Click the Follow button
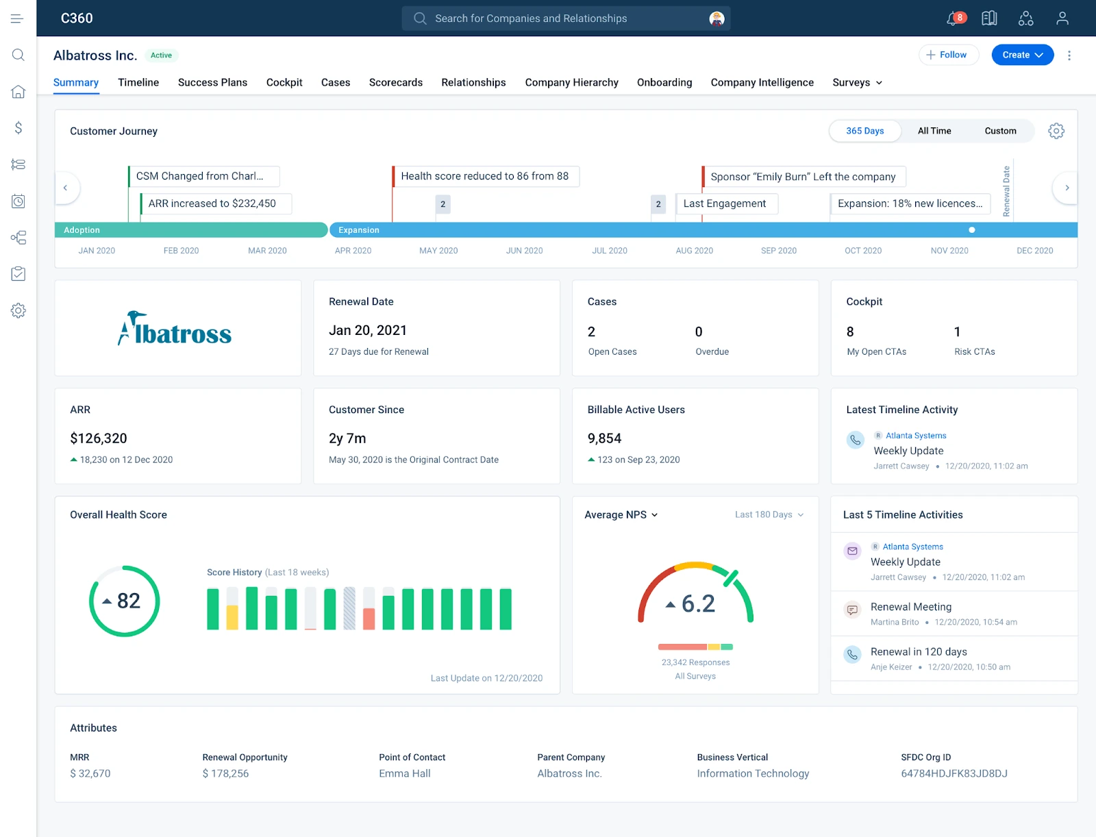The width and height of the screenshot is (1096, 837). point(948,55)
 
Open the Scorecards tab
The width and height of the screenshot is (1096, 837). point(395,82)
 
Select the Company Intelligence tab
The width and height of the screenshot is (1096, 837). point(762,82)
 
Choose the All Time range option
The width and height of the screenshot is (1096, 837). point(934,131)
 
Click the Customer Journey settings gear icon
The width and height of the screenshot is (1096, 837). point(1056,131)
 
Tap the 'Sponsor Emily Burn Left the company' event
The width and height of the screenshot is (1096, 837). point(803,177)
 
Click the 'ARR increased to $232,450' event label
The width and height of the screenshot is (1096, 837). point(212,203)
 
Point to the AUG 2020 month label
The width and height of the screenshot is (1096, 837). point(694,251)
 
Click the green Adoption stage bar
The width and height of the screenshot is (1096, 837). point(190,230)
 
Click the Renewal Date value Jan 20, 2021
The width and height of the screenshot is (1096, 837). point(368,330)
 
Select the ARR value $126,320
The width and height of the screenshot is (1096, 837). point(99,438)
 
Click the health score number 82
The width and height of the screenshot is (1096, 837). point(128,601)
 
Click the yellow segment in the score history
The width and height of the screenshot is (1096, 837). point(232,617)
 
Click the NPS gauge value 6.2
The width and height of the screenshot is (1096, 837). point(697,603)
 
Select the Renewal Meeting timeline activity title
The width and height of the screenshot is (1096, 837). point(910,607)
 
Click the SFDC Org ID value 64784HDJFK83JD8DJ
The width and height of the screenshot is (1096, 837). point(954,773)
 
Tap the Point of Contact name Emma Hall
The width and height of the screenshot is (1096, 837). point(405,773)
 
